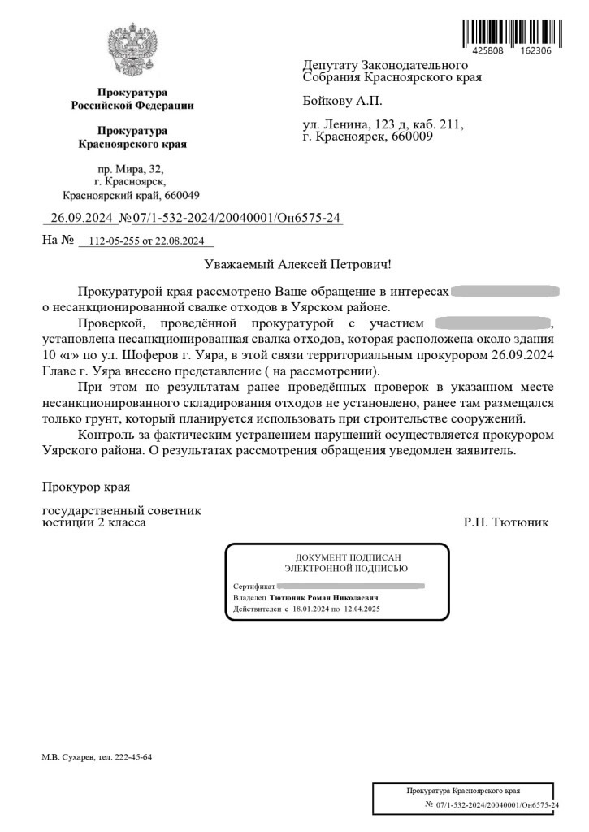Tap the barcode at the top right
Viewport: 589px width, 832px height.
(508, 30)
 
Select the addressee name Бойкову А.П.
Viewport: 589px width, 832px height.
(341, 101)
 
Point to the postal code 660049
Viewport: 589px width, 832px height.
(181, 196)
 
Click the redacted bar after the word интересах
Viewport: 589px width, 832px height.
(505, 291)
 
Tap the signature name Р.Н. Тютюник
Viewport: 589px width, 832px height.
(505, 523)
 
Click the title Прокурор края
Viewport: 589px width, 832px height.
(85, 487)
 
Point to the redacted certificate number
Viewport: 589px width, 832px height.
(351, 585)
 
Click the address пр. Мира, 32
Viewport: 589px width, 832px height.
(130, 169)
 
